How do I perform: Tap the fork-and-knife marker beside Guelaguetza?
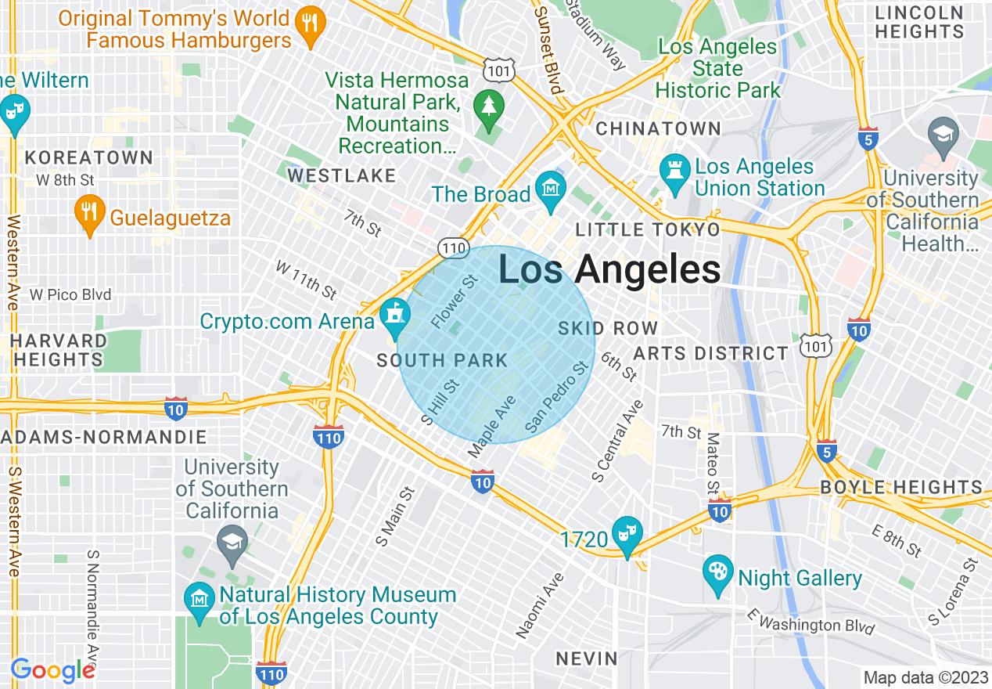pos(91,212)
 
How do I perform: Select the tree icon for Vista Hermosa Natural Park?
pos(489,106)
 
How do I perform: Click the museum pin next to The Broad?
pos(552,190)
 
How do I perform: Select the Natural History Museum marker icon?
pos(199,601)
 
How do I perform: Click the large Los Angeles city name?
pos(609,270)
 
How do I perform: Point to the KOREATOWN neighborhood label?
pos(89,157)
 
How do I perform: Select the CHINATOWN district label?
pos(658,128)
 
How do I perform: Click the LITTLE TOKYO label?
pos(647,229)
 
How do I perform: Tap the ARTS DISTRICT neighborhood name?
pos(711,353)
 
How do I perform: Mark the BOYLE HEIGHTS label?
pos(900,487)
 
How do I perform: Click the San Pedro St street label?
pos(556,397)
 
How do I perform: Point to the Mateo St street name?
pos(713,463)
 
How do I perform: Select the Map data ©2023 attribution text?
pos(925,677)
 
